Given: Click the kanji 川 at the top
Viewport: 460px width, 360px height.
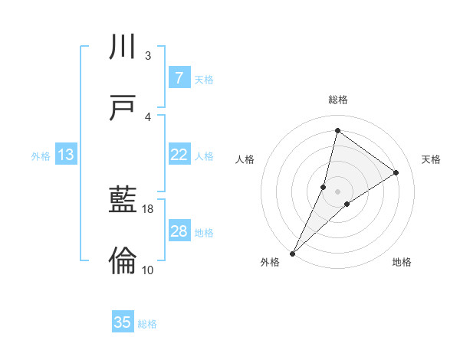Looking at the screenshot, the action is click(123, 47).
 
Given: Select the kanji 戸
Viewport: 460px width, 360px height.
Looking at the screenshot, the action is click(123, 109).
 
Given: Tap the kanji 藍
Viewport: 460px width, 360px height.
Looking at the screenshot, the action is click(123, 201).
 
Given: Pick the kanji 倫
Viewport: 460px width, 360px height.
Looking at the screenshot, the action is click(123, 262).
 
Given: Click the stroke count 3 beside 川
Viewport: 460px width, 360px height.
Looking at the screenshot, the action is click(147, 55).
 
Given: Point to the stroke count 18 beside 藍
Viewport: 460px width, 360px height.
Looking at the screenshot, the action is click(148, 208).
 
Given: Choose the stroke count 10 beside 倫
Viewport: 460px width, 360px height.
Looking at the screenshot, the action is click(148, 270).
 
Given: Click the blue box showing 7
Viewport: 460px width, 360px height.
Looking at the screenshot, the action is click(179, 77).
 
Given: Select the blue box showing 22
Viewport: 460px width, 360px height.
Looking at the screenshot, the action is click(179, 155).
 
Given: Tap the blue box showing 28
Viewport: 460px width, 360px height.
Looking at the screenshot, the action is click(179, 231).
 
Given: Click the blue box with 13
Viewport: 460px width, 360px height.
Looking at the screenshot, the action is click(66, 155).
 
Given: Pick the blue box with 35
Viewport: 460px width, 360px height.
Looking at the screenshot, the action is click(123, 322).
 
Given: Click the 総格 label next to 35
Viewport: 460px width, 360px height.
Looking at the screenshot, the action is click(147, 324).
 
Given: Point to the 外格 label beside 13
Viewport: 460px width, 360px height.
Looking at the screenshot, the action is click(41, 156).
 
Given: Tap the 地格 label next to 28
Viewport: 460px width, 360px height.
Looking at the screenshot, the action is click(204, 233).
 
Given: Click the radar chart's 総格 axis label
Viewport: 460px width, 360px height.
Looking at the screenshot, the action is click(337, 100).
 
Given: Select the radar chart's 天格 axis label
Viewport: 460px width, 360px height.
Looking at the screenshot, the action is click(431, 159).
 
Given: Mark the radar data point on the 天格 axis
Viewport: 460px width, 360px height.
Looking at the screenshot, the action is click(396, 172).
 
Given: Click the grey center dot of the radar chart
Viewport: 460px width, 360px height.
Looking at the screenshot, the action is click(337, 191).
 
